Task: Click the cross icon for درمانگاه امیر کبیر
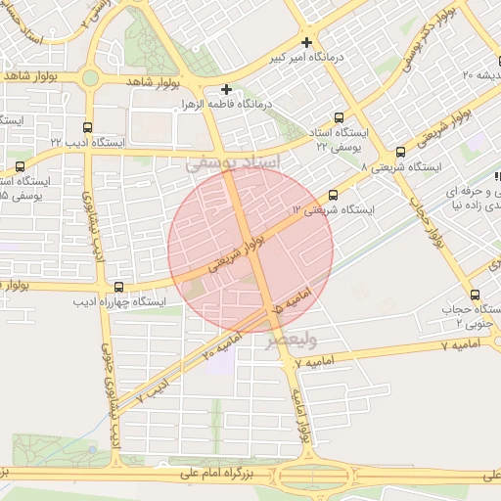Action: [307, 42]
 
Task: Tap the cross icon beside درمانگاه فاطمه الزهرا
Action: [226, 89]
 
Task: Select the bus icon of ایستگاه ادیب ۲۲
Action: [89, 127]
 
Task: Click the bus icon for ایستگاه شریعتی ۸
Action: [400, 153]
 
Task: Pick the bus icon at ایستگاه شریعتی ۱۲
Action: [334, 195]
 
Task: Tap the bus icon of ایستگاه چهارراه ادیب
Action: [118, 287]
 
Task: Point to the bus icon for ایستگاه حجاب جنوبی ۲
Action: [476, 295]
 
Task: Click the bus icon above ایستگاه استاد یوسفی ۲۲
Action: [343, 116]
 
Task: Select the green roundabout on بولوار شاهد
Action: [90, 77]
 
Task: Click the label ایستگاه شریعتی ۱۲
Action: [334, 210]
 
